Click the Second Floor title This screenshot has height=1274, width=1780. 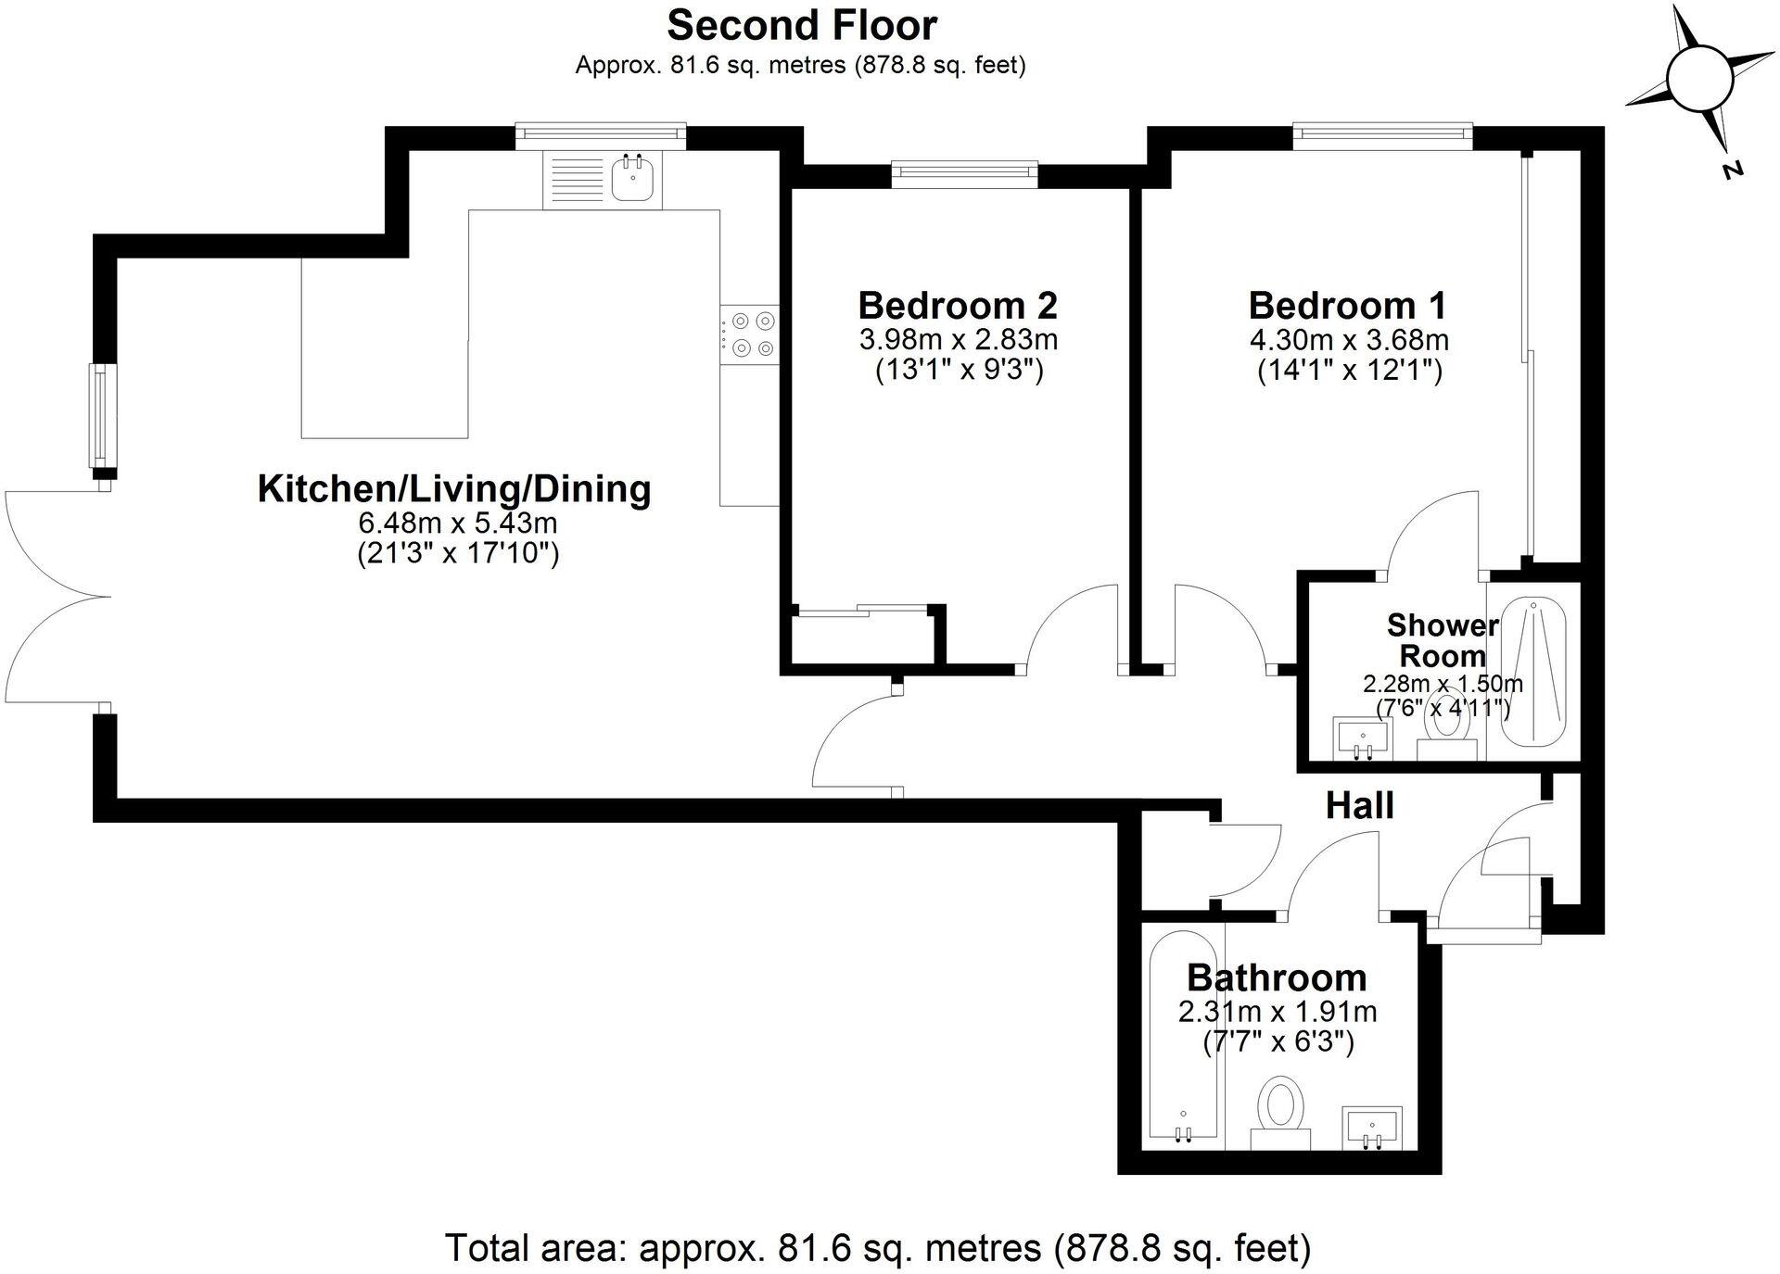801,26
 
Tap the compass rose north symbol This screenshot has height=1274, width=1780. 1698,79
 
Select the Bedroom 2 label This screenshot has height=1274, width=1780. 958,305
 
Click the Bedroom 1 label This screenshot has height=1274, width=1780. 1347,305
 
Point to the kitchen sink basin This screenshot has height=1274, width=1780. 635,177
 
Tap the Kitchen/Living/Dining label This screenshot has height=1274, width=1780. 453,488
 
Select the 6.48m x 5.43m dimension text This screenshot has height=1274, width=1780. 457,523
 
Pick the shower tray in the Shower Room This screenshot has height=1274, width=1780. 1532,672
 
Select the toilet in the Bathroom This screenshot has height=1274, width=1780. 1281,1112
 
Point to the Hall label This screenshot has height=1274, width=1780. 1359,805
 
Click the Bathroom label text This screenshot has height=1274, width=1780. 1277,978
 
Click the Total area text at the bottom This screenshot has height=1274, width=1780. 877,1248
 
